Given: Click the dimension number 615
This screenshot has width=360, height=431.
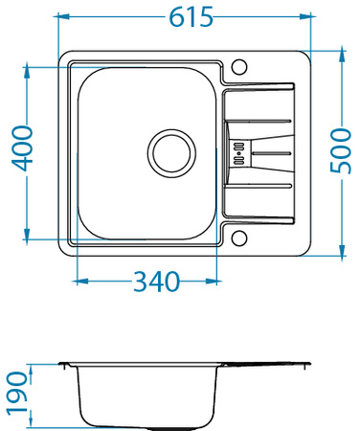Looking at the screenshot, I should tap(190, 17).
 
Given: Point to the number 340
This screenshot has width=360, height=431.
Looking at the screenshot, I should tap(157, 283).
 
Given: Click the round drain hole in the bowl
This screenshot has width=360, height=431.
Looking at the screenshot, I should tap(170, 150).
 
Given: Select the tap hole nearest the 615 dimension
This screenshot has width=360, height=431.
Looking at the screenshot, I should tap(239, 67).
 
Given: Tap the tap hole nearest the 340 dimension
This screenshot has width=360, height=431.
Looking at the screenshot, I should tap(239, 238).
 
